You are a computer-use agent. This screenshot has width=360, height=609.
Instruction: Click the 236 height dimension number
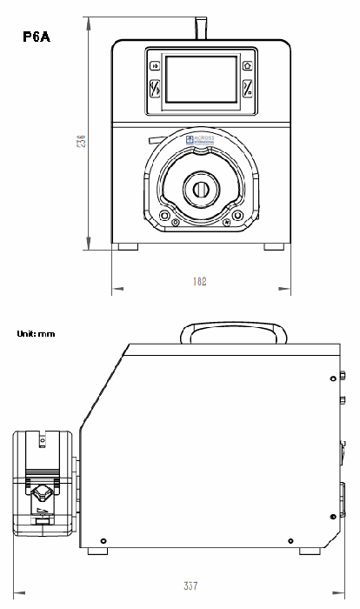(x=81, y=141)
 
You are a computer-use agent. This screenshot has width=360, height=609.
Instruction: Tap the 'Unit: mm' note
(x=36, y=333)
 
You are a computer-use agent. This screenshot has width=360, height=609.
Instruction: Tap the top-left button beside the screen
(x=156, y=66)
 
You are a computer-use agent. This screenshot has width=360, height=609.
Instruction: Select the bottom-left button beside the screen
(x=156, y=89)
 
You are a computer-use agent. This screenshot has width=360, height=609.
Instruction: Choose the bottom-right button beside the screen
(x=247, y=89)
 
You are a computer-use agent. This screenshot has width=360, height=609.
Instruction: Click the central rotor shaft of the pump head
(x=200, y=190)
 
